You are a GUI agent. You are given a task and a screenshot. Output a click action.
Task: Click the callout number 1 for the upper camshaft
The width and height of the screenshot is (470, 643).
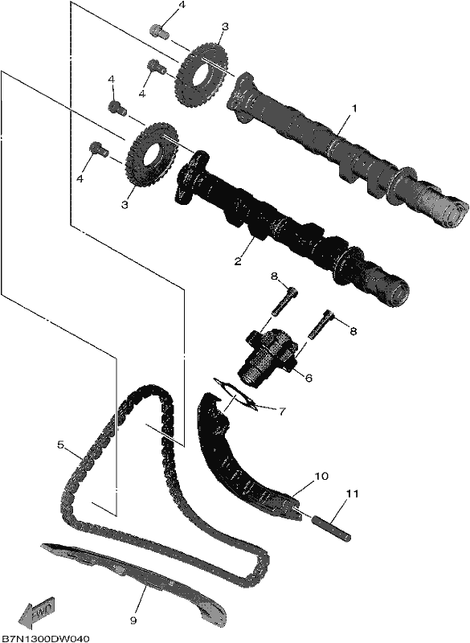point(354,109)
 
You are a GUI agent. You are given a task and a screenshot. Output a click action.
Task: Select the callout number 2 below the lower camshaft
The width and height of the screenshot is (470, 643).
point(238,260)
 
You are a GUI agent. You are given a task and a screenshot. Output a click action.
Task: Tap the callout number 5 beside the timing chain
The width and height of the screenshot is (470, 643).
point(60,445)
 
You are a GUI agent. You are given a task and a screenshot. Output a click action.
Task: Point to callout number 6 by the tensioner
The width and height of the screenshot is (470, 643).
point(309,377)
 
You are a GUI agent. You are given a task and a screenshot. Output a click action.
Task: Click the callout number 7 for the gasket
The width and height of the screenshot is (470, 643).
point(282,412)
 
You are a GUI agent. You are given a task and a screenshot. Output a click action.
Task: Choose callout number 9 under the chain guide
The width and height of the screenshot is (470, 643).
point(133,620)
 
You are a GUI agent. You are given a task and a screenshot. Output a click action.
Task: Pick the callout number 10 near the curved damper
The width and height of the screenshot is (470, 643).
point(321,476)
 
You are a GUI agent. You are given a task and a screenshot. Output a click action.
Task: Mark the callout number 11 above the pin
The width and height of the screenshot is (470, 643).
point(352,494)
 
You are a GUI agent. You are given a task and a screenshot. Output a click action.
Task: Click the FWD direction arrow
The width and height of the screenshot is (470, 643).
point(36,612)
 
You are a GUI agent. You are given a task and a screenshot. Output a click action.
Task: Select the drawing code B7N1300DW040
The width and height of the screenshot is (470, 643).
point(45,638)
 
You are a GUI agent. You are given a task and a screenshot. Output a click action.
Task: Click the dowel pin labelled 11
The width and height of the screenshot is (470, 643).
point(333,529)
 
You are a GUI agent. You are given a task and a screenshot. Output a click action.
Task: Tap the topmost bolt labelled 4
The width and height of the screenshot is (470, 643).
point(159,31)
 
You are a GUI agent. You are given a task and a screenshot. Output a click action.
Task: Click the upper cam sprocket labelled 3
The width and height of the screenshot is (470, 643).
point(202,73)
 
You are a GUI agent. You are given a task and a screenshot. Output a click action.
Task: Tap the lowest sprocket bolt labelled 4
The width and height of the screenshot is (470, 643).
point(99,149)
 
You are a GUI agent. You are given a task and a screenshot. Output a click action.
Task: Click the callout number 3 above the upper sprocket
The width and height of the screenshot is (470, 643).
point(225,27)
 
